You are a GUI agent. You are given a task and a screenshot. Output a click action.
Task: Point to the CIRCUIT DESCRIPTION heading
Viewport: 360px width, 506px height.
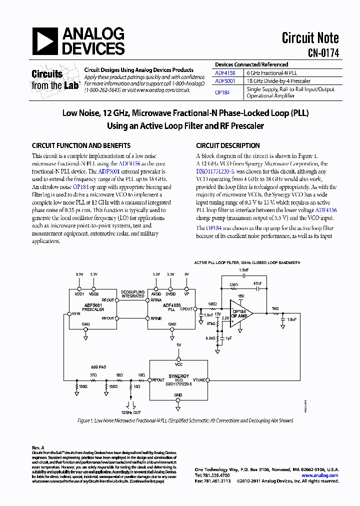[x=227, y=146]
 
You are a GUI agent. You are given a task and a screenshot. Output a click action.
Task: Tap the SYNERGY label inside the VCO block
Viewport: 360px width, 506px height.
[x=178, y=376]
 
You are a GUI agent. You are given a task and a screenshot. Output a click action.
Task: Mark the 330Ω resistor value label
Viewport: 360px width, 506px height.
[x=233, y=284]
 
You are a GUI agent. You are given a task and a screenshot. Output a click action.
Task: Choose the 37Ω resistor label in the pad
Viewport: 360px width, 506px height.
[x=93, y=374]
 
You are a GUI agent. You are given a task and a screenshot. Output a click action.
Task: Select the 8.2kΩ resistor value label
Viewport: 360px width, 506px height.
[x=209, y=338]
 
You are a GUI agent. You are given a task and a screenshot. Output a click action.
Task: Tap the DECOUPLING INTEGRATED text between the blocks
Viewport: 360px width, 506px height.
[x=132, y=294]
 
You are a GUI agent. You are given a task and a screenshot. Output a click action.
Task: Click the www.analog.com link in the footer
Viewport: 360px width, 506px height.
[x=320, y=475]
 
